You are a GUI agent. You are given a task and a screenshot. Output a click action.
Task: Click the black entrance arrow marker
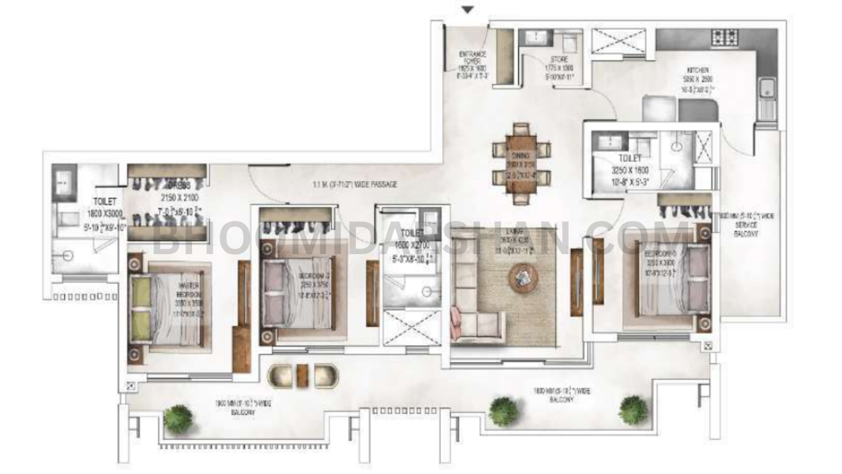tap(468, 10)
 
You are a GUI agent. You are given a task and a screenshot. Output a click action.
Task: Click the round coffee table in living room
tap(524, 277)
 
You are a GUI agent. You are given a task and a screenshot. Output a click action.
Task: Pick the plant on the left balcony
tap(178, 418)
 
